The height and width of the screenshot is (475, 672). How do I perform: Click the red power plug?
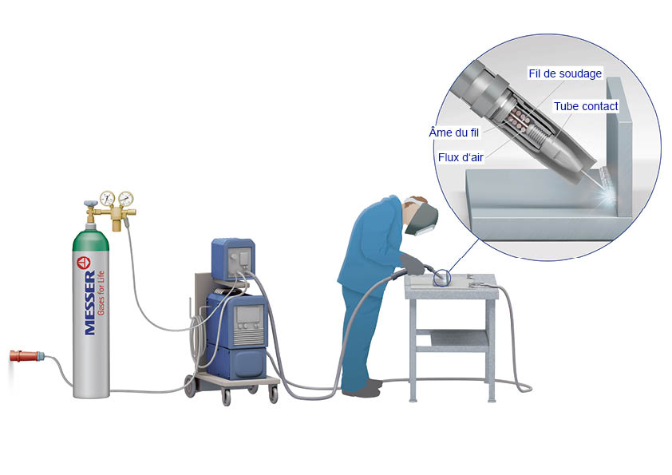click(26, 356)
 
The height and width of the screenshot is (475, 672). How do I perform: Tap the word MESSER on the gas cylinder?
click(90, 303)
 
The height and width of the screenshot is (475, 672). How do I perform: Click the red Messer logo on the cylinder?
click(84, 263)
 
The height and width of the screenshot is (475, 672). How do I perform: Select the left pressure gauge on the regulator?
click(107, 199)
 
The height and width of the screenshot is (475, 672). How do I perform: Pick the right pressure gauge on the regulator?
click(125, 199)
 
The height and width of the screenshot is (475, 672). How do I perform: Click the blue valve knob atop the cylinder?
click(90, 204)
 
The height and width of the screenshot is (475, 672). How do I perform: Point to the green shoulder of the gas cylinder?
click(91, 240)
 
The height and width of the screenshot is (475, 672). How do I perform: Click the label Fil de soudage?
click(565, 73)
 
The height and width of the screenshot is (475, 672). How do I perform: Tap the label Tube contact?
click(586, 106)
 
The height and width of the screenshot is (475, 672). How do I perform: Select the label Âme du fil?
click(454, 133)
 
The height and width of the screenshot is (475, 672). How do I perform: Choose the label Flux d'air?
click(461, 157)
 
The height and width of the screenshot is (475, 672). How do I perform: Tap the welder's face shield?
click(421, 220)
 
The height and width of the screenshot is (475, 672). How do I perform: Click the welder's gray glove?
click(412, 264)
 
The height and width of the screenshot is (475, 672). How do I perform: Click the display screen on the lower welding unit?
click(248, 315)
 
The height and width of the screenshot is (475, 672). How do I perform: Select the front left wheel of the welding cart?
click(227, 398)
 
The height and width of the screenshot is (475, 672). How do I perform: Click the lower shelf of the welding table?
click(460, 341)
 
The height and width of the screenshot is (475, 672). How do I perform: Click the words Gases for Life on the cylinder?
click(101, 293)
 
